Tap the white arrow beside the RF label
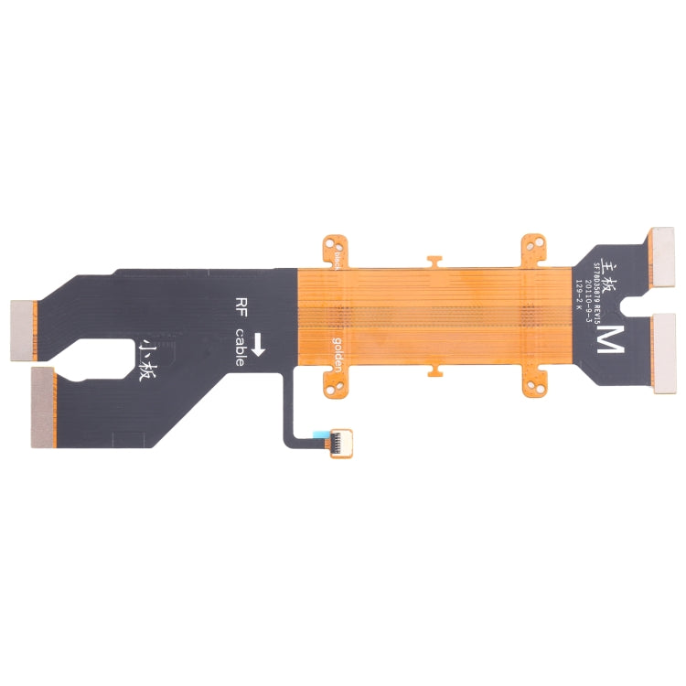(259, 345)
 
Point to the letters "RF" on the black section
(242, 306)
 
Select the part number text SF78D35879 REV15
(600, 284)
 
